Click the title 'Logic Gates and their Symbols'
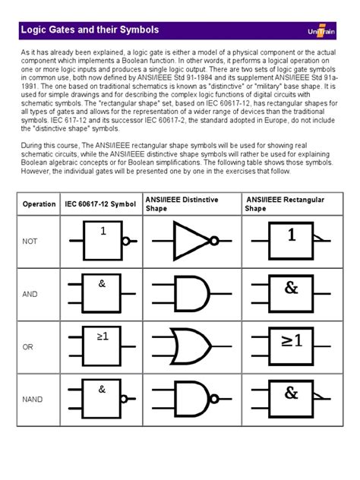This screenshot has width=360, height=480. point(90,30)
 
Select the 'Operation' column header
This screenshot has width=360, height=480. point(39,204)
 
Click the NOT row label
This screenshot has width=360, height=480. point(30,242)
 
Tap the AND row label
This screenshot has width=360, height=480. point(30,293)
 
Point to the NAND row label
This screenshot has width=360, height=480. point(33,397)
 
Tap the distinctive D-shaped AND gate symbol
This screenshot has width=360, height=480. point(191,293)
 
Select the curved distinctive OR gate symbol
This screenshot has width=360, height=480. point(191,346)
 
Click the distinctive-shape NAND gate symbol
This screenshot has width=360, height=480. point(191,397)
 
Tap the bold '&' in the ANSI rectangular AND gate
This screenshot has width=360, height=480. point(292,288)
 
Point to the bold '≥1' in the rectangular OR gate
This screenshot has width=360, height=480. point(292,341)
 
